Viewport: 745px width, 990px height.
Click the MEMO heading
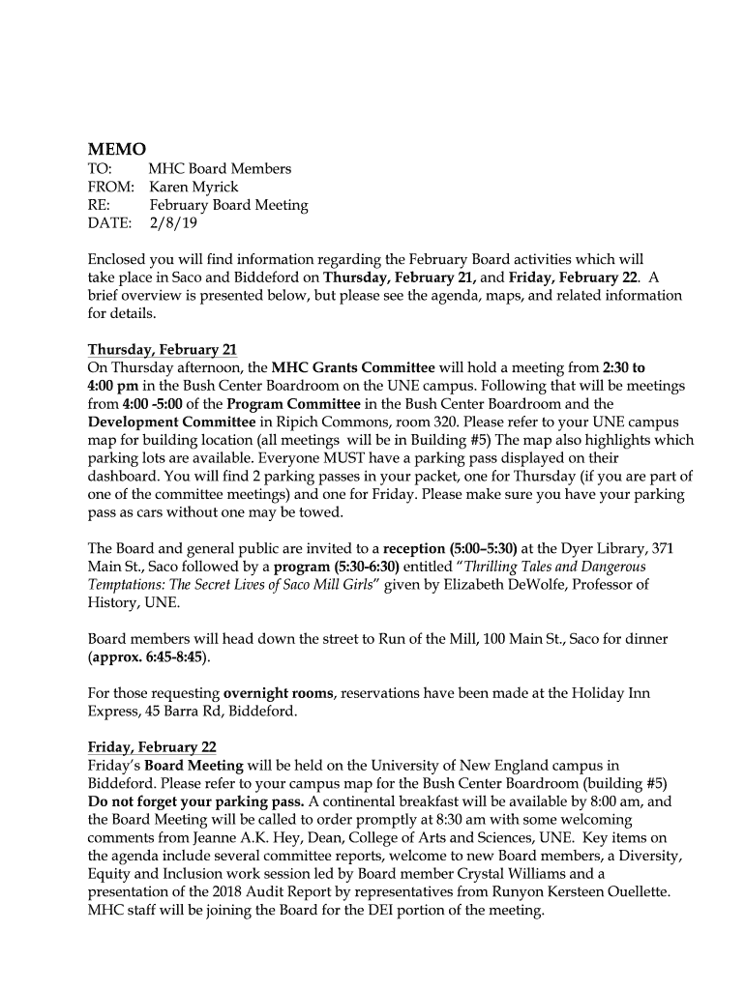pyautogui.click(x=117, y=149)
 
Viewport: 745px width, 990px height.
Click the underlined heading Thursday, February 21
pyautogui.click(x=163, y=349)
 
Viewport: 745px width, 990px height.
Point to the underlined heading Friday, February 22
pyautogui.click(x=152, y=747)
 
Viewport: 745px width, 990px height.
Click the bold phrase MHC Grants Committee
pyautogui.click(x=353, y=367)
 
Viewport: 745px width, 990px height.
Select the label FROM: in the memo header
pyautogui.click(x=110, y=187)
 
